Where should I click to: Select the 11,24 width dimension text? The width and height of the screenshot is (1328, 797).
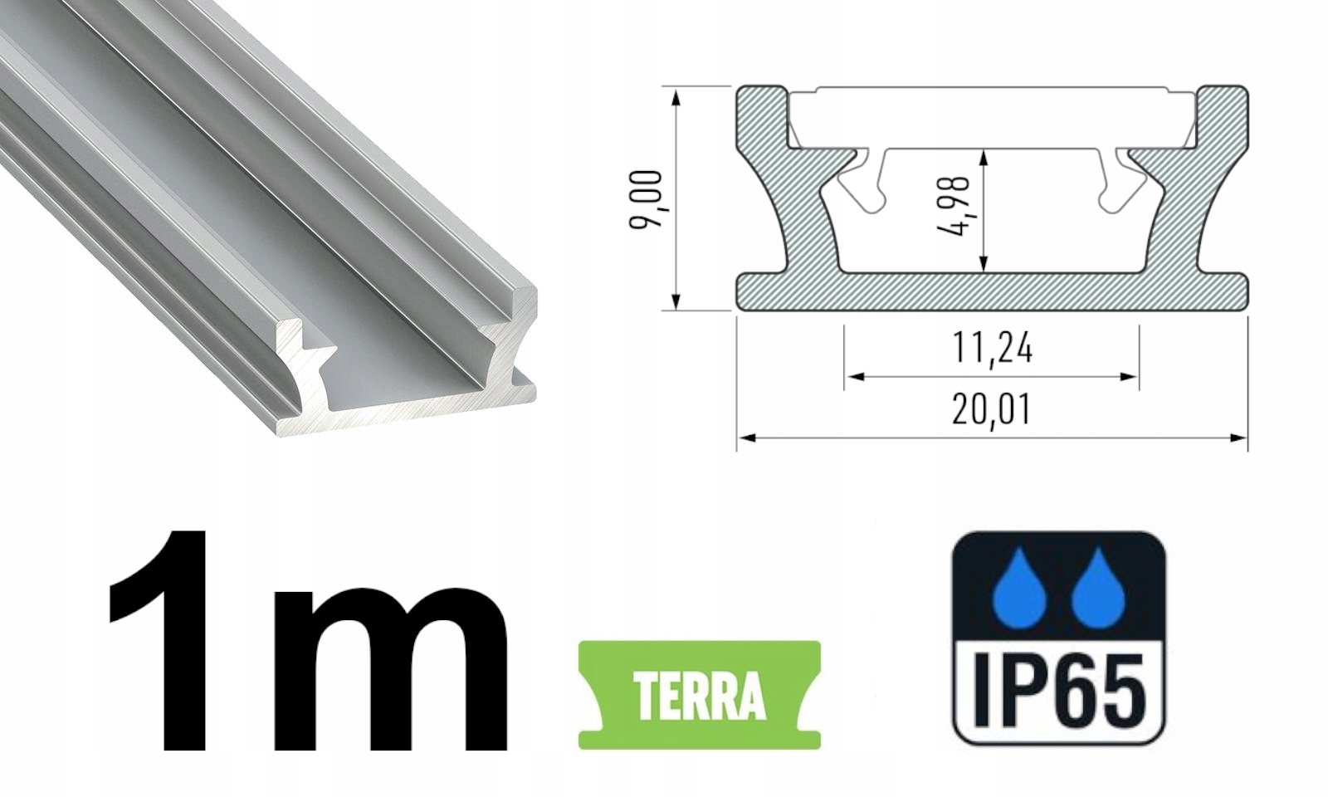click(992, 347)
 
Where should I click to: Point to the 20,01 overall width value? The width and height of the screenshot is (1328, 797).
click(992, 409)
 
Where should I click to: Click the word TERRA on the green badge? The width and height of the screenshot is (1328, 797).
click(699, 696)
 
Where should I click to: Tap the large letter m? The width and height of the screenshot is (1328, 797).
click(390, 668)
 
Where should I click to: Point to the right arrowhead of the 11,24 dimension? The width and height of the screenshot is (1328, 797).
click(1130, 377)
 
